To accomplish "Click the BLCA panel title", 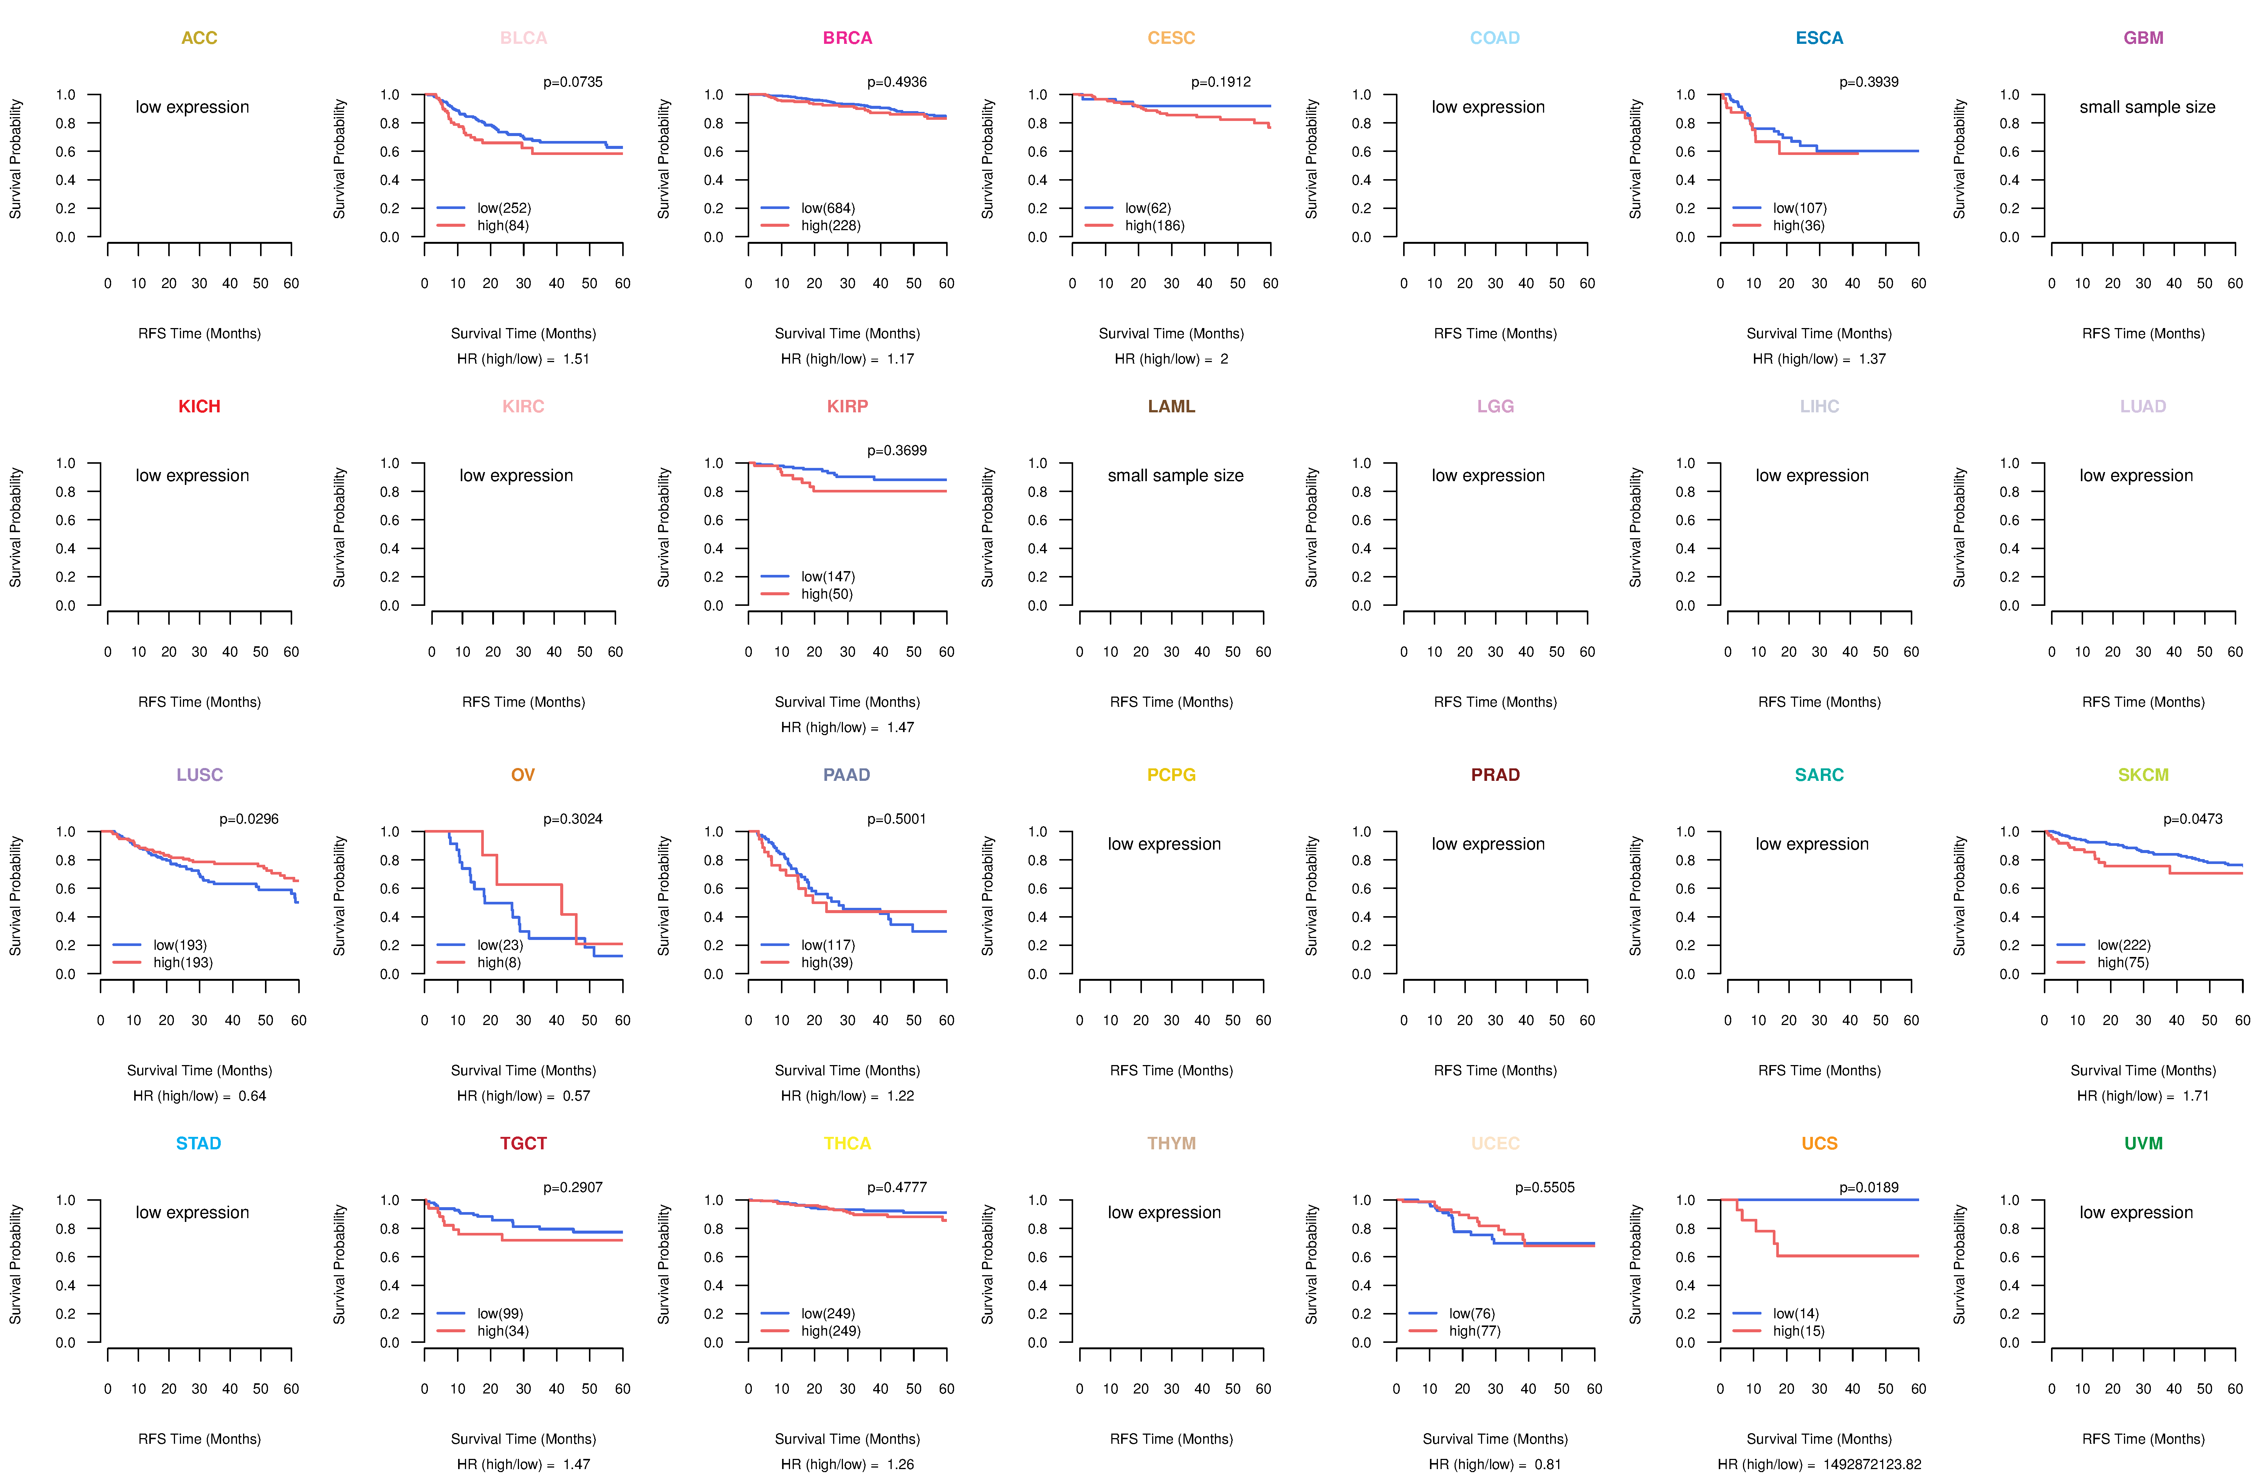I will [x=523, y=38].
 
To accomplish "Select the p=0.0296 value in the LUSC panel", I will [x=249, y=819].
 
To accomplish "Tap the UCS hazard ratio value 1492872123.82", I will [x=1871, y=1465].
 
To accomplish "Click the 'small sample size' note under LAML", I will [x=1175, y=475].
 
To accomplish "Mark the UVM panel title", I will [x=2143, y=1143].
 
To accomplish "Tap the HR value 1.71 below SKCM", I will [x=2195, y=1096].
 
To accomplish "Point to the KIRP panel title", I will [x=847, y=407].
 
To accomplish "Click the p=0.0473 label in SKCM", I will [x=2193, y=819].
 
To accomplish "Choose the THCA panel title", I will [x=847, y=1143].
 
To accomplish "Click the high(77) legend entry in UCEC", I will [x=1474, y=1331].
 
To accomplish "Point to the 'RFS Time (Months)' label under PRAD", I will [x=1495, y=1071].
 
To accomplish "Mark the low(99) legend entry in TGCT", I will [x=499, y=1314].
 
